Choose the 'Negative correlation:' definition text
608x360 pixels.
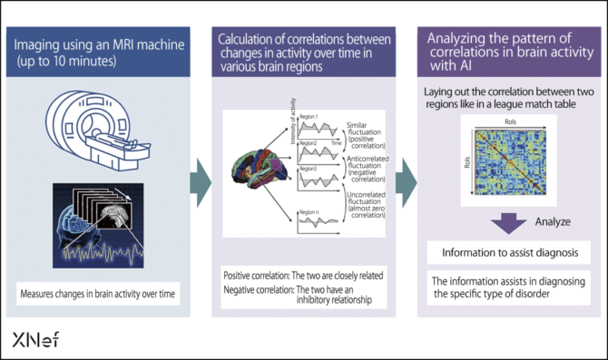258,288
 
